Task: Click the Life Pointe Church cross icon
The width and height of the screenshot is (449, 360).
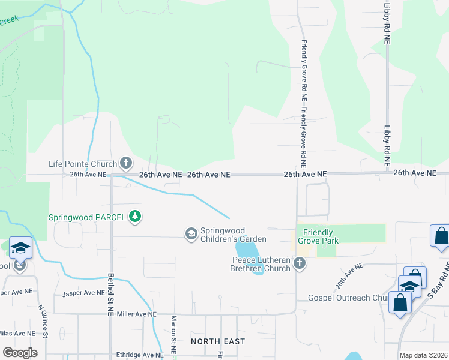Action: pos(126,163)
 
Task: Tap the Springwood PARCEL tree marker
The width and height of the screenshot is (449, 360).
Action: pos(136,217)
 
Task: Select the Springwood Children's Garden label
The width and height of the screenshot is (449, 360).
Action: pos(232,234)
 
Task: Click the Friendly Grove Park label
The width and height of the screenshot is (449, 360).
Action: pos(321,236)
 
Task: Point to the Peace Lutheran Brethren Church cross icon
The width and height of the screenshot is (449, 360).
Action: pos(300,263)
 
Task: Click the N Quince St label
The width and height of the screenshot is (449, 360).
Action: pos(42,322)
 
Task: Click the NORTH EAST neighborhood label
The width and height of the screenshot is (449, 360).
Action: pos(218,341)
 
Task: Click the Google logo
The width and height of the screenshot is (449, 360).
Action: pos(20,353)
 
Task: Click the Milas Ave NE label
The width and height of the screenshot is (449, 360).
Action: pos(17,334)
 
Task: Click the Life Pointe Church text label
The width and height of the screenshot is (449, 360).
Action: pos(83,163)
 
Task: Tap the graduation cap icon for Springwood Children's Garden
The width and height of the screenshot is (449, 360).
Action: pos(191,233)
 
